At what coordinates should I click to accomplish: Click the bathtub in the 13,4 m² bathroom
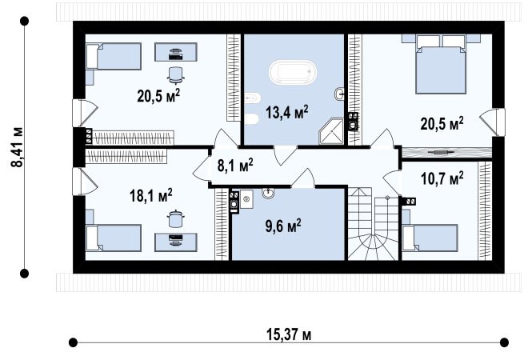coord(293,72)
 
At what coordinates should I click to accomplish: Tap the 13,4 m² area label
coord(286,112)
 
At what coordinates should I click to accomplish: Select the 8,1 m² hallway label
coord(235,165)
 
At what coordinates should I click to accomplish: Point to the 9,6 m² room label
coord(283,226)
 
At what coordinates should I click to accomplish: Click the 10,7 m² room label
coord(442,178)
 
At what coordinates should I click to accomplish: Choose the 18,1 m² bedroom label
coord(150,195)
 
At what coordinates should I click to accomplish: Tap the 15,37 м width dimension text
coord(289,334)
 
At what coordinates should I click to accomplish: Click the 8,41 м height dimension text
coord(17,146)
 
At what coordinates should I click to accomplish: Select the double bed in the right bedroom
coord(441,65)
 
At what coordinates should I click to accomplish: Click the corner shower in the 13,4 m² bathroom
coord(331,131)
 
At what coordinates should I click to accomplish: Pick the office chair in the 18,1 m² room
coord(175,218)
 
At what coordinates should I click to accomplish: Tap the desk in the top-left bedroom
coord(176,52)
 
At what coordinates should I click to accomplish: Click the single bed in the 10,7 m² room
coord(430,238)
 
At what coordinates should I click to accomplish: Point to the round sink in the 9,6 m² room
coord(268,193)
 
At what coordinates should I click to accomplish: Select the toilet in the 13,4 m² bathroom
coord(251,118)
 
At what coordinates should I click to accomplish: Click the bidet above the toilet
coord(252,98)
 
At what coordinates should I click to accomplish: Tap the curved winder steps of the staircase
coord(373,246)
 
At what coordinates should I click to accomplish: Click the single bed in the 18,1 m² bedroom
coord(114,238)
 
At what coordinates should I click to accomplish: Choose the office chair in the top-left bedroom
coord(175,75)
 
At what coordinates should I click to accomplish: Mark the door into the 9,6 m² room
coord(303,178)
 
